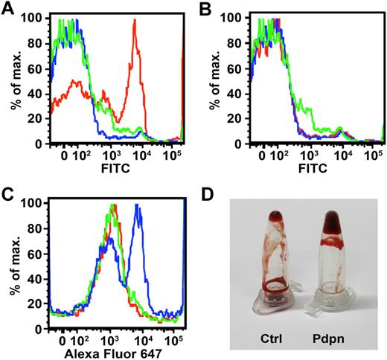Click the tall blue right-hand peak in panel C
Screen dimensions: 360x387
point(137,212)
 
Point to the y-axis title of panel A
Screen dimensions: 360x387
point(9,82)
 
